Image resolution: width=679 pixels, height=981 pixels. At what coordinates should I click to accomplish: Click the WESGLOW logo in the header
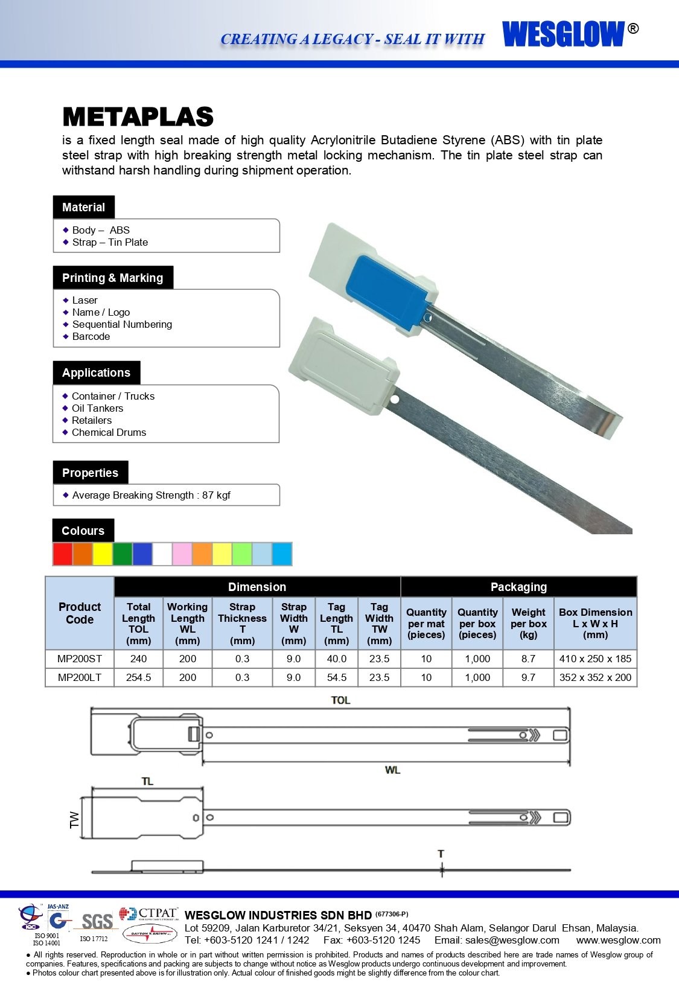[x=564, y=34]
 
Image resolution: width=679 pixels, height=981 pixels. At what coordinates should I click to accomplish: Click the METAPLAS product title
[x=138, y=117]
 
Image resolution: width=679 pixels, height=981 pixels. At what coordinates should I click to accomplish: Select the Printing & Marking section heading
[x=113, y=278]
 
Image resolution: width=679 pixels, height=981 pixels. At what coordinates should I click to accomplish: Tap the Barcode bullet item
[x=91, y=336]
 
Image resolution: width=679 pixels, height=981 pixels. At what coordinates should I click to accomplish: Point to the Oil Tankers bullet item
[x=97, y=408]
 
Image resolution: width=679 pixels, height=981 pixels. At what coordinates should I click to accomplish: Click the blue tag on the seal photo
[x=386, y=287]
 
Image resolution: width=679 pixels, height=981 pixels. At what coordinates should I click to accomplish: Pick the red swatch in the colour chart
[x=63, y=554]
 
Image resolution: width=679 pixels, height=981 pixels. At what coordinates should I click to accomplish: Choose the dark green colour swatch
[x=123, y=554]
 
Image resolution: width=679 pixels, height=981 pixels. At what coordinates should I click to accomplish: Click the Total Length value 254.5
[x=138, y=677]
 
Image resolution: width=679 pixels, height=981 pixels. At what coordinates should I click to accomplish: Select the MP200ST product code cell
[x=80, y=659]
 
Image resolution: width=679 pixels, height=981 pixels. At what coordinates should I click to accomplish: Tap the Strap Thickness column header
[x=242, y=624]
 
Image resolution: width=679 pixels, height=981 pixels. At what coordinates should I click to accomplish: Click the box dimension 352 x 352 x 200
[x=595, y=677]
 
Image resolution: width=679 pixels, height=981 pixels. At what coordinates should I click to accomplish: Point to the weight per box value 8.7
[x=528, y=659]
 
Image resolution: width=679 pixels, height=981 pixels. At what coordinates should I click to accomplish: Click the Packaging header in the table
[x=518, y=587]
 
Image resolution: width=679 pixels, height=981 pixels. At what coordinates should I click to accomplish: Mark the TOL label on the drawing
[x=340, y=700]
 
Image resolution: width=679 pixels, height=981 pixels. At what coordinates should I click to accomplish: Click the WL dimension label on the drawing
[x=392, y=770]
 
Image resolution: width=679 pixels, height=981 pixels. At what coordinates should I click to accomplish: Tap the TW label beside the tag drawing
[x=75, y=819]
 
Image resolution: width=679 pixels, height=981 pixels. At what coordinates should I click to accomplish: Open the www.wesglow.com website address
[x=618, y=940]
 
